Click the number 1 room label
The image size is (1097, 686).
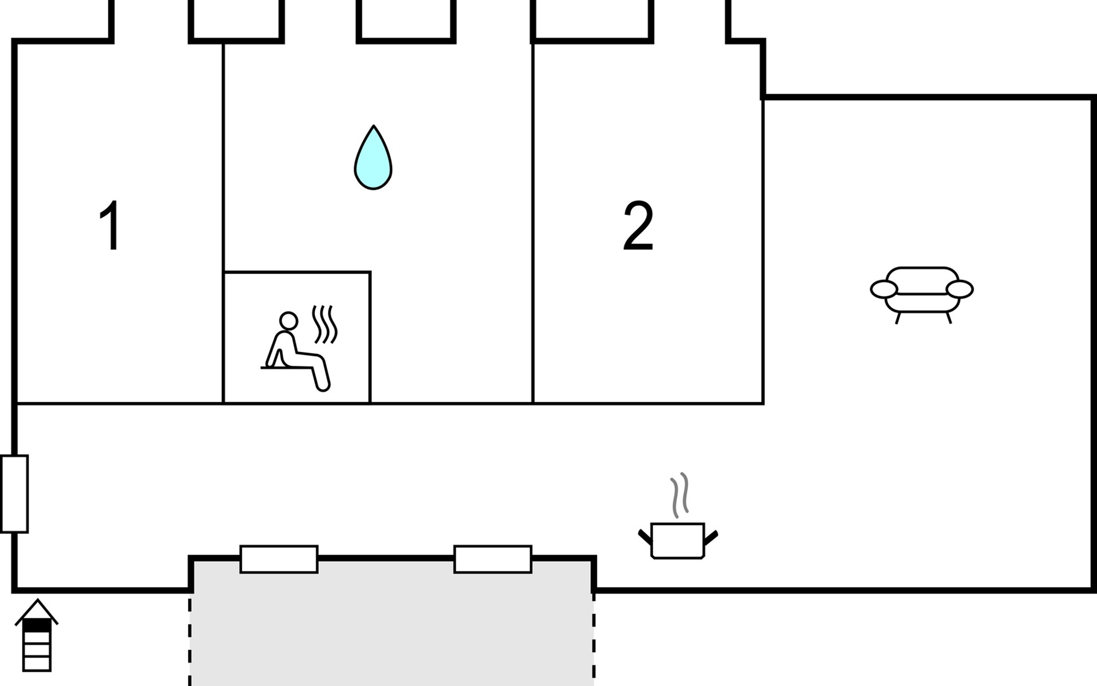[110, 225]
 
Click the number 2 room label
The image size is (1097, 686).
[638, 225]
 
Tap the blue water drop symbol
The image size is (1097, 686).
[373, 157]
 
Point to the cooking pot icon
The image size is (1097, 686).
[678, 540]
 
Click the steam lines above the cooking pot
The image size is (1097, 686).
[679, 495]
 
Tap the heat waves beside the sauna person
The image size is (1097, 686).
[325, 325]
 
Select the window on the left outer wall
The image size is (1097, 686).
[14, 494]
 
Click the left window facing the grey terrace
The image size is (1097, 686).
[279, 559]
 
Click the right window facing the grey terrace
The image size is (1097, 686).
[493, 559]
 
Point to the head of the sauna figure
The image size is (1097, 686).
[289, 321]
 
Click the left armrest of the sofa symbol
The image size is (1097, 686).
[884, 289]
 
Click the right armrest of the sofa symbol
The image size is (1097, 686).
[959, 289]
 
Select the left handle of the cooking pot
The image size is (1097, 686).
[645, 537]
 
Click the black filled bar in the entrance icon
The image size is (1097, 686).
[37, 627]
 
